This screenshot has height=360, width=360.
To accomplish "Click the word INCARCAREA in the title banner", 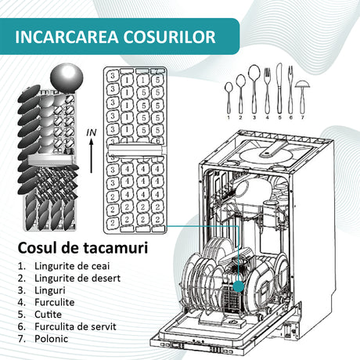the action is pyautogui.click(x=67, y=37).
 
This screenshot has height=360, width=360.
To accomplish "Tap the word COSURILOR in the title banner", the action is pyautogui.click(x=170, y=37).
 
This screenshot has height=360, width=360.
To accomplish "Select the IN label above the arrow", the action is pyautogui.click(x=92, y=133).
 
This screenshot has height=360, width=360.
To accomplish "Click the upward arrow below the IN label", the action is pyautogui.click(x=92, y=156).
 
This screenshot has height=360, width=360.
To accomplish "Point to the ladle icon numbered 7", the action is pyautogui.click(x=302, y=95).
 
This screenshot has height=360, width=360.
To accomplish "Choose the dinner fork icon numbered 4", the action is pyautogui.click(x=267, y=91).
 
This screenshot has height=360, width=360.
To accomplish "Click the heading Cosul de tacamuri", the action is pyautogui.click(x=83, y=248).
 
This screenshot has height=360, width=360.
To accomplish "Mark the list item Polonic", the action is pyautogui.click(x=51, y=339).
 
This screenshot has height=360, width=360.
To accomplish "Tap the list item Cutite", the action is pyautogui.click(x=48, y=315).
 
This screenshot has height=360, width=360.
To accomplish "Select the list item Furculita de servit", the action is pyautogui.click(x=75, y=326).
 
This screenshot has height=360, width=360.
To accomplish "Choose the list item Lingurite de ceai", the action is pyautogui.click(x=72, y=266).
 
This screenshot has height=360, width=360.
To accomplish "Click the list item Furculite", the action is pyautogui.click(x=55, y=302).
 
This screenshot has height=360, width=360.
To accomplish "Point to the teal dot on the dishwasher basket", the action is pyautogui.click(x=239, y=286).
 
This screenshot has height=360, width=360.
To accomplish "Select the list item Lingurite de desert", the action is pyautogui.click(x=77, y=279).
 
